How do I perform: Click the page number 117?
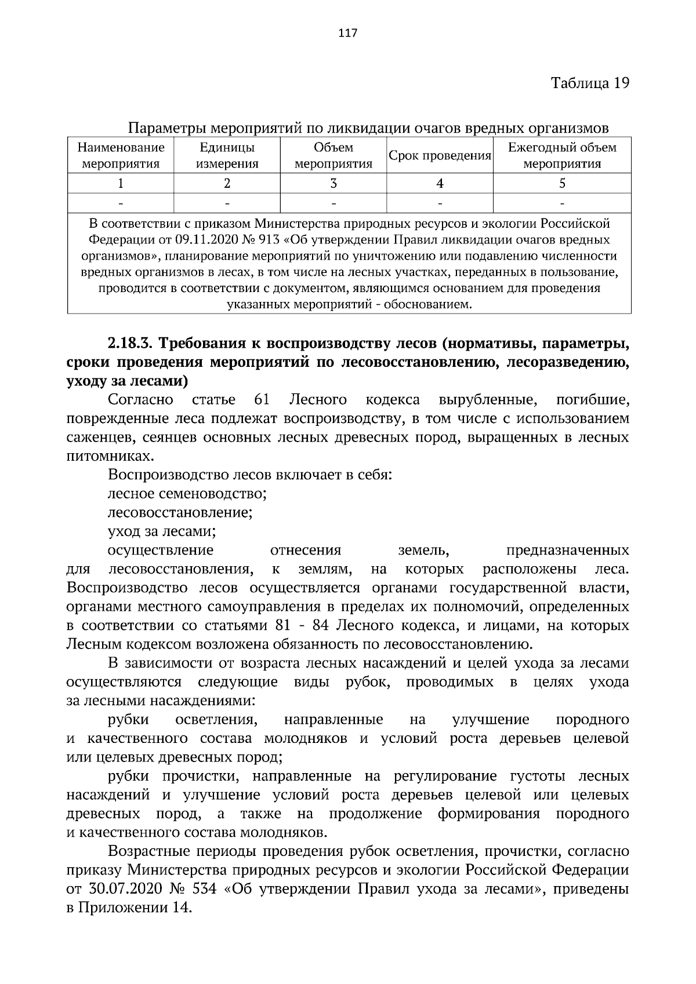(x=347, y=32)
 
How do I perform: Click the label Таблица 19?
(x=590, y=82)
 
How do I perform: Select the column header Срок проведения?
(x=440, y=156)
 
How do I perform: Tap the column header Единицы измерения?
(x=227, y=155)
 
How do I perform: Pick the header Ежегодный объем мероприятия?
(x=561, y=155)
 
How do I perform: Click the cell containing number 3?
(x=333, y=184)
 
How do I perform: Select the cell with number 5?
(x=561, y=184)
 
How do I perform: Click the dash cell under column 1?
(x=121, y=203)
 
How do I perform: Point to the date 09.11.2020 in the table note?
(x=202, y=239)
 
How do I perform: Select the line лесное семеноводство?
(x=187, y=494)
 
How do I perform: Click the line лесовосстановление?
(x=180, y=512)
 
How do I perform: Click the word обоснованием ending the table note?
(x=434, y=304)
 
